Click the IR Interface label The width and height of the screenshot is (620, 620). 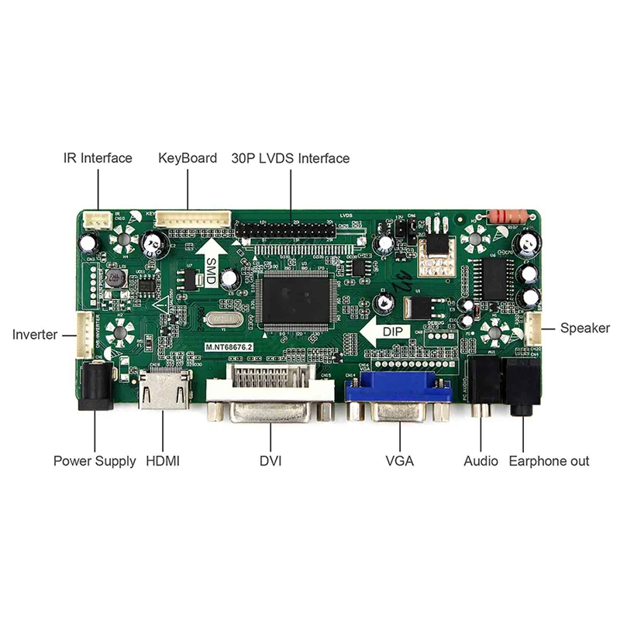98,158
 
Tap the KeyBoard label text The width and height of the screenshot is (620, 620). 188,158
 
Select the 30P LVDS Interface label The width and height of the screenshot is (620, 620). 291,158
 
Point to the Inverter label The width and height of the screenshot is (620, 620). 35,335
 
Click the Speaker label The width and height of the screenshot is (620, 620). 585,328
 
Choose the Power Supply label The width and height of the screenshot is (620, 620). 95,461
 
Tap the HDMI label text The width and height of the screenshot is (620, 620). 163,461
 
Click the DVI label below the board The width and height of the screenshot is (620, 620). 270,461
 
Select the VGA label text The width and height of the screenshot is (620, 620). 400,461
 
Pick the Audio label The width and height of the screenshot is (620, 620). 480,461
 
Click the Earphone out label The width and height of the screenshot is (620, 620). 549,461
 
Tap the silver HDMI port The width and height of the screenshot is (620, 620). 164,391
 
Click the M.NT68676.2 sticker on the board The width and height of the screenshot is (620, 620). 230,349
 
